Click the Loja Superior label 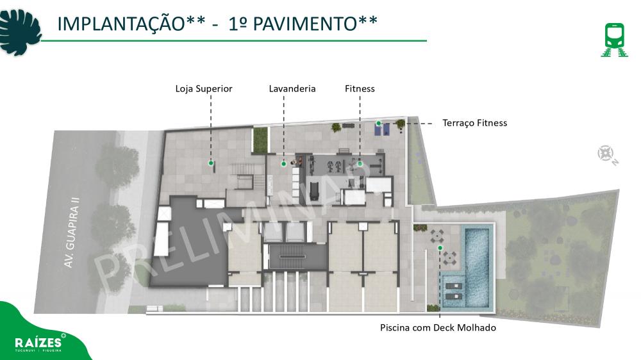pos(204,89)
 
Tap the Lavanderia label pos(292,88)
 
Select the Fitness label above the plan pos(360,88)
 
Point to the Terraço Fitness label pos(474,123)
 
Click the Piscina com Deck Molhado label pos(438,327)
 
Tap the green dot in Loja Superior pos(211,163)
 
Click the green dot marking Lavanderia pos(284,164)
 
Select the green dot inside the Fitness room pos(360,164)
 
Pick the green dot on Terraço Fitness pos(379,123)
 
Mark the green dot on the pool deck pos(440,248)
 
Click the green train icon pos(615,40)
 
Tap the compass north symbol pos(608,155)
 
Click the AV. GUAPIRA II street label pos(72,233)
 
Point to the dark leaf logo pos(20,33)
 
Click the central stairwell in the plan pos(292,257)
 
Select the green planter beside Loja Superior pos(260,140)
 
